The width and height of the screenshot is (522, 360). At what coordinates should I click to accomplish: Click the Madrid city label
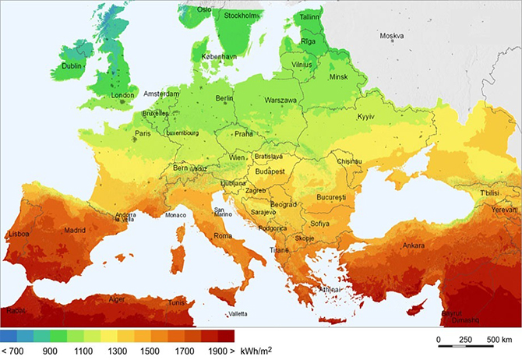(x=75, y=230)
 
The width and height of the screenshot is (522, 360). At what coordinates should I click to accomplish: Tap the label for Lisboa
(x=19, y=233)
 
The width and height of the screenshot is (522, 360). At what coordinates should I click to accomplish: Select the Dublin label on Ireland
(x=72, y=66)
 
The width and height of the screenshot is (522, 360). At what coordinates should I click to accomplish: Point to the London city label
(x=123, y=96)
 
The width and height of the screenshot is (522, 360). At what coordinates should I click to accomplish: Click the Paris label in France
(x=143, y=133)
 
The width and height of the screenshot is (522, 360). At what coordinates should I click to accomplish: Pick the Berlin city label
(x=224, y=98)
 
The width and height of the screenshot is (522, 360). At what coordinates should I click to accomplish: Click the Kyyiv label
(x=365, y=116)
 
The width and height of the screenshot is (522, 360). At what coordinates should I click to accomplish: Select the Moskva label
(x=392, y=36)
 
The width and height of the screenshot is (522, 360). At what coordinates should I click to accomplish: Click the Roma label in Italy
(x=223, y=236)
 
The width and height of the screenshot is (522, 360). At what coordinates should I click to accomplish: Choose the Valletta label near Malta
(x=239, y=314)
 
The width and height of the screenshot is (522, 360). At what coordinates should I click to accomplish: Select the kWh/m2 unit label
(x=258, y=351)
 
